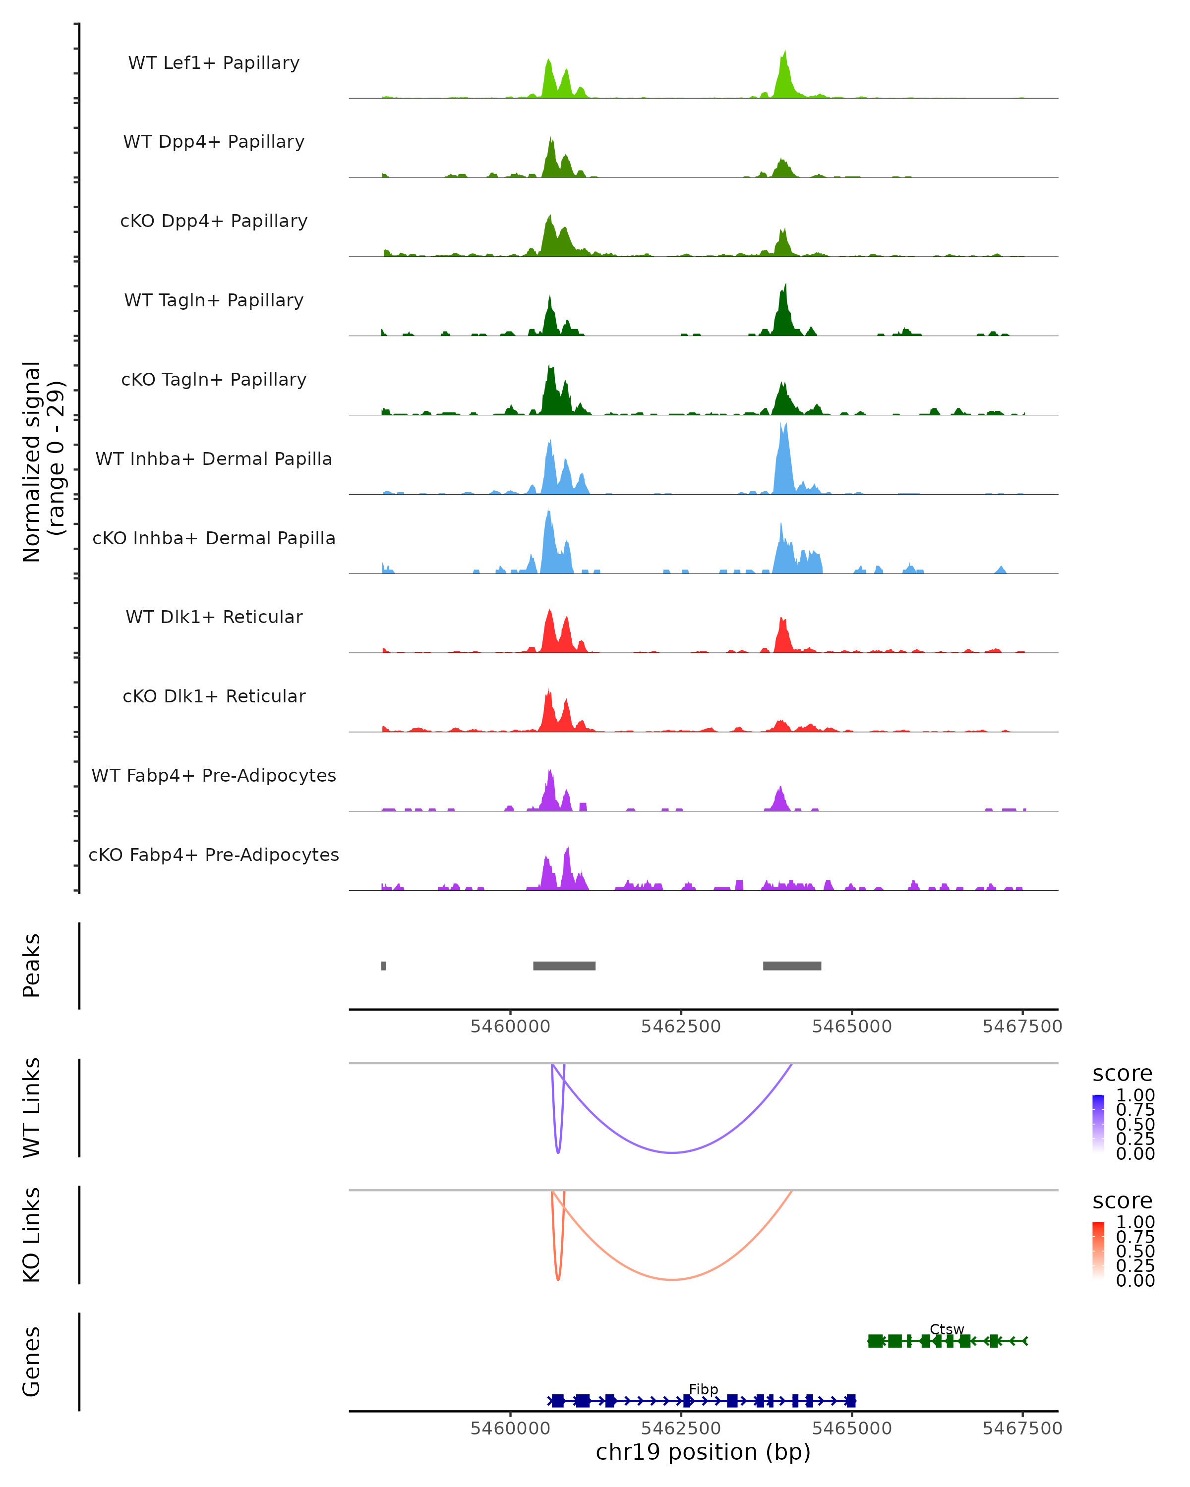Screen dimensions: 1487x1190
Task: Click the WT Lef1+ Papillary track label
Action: pyautogui.click(x=214, y=63)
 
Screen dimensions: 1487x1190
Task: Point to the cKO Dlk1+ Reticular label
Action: pyautogui.click(x=214, y=696)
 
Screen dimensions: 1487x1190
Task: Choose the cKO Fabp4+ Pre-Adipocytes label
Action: pyautogui.click(x=214, y=855)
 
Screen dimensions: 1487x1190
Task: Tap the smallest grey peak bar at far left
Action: pyautogui.click(x=384, y=966)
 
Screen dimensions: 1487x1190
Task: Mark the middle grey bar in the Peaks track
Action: pyautogui.click(x=564, y=966)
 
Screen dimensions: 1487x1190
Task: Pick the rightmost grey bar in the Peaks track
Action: pyautogui.click(x=792, y=966)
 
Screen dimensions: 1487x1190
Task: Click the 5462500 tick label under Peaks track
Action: pyautogui.click(x=680, y=1027)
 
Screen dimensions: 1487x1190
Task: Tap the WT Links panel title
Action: pyautogui.click(x=32, y=1108)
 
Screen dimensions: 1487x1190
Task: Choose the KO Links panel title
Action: pyautogui.click(x=32, y=1235)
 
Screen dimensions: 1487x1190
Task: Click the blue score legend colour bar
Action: pyautogui.click(x=1098, y=1123)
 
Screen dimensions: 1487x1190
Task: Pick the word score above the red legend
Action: pyautogui.click(x=1123, y=1201)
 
